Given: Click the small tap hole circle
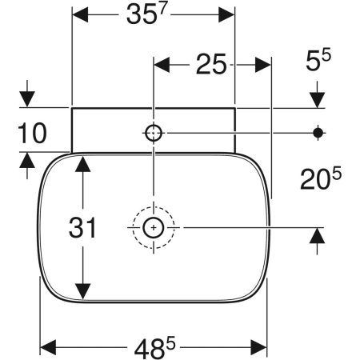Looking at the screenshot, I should coord(153,132).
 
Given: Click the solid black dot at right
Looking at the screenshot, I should coord(318,132).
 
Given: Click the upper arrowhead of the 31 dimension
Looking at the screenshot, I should coord(83,164).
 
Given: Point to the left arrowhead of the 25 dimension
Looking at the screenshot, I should coord(161,66).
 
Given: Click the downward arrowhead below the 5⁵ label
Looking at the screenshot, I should coord(318,99).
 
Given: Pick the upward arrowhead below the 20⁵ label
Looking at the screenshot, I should coord(318,237).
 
